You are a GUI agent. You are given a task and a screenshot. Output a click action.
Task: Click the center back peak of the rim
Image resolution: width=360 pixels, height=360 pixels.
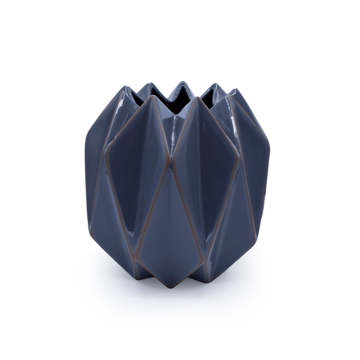click(x=180, y=83)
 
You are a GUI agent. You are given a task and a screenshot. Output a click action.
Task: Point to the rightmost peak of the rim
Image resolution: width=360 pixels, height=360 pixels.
click(x=234, y=91)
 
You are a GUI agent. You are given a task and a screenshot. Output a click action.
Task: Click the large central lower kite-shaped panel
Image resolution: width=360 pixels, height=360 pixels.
click(x=172, y=223)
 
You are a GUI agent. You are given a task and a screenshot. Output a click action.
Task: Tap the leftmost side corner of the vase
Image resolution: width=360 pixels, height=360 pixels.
click(x=86, y=142)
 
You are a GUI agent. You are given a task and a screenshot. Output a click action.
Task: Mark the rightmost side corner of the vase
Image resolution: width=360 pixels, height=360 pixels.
click(x=269, y=145)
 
